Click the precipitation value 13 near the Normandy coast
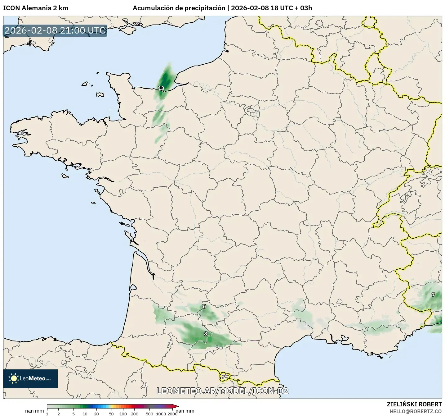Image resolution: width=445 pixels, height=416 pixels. (x=161, y=88)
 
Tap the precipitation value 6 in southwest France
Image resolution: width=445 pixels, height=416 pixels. (x=204, y=307)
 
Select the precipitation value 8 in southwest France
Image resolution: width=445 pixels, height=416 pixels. (x=205, y=334)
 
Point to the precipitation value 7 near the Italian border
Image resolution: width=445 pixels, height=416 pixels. (x=433, y=295)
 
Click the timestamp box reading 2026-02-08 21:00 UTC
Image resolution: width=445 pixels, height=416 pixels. (x=55, y=30)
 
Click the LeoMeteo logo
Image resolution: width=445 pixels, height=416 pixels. (x=30, y=378)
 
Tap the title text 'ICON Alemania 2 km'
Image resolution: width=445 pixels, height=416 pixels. (x=36, y=8)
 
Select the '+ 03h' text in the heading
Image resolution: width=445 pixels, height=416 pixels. (x=304, y=8)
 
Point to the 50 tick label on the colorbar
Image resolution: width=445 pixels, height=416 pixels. (x=111, y=414)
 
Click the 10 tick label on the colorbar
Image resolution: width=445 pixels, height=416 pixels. (x=85, y=414)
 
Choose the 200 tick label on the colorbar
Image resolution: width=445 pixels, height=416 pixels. (x=135, y=414)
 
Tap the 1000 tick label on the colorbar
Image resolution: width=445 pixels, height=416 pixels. (x=161, y=414)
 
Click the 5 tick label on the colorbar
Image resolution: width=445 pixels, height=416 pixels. (x=73, y=414)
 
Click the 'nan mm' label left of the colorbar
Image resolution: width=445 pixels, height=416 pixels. (x=34, y=411)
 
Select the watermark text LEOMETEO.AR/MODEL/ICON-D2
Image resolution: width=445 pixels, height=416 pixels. (x=223, y=391)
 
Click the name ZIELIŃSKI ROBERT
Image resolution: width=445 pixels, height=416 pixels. (x=414, y=404)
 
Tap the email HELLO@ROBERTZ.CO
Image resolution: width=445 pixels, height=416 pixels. (x=416, y=411)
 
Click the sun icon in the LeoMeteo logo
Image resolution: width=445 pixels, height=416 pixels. (x=14, y=378)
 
